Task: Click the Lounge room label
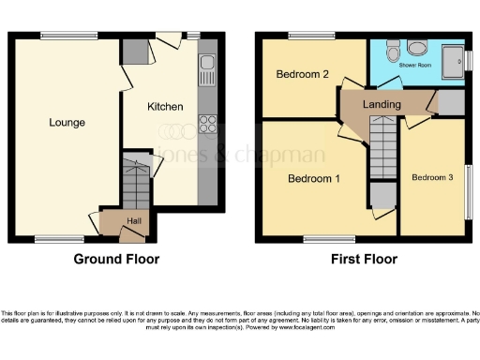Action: (67, 123)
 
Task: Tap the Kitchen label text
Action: (164, 107)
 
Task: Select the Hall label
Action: (134, 220)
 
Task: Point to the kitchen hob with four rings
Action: (207, 125)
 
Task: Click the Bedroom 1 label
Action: (312, 178)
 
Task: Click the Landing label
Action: (382, 104)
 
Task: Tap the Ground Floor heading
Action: (116, 259)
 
